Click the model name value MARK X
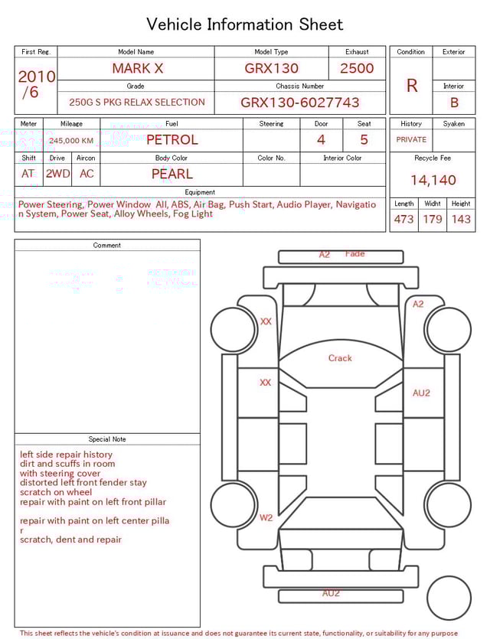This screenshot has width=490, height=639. (137, 68)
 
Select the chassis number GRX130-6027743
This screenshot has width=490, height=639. (299, 103)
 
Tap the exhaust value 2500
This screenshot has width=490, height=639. (357, 68)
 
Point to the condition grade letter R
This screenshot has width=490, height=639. (411, 85)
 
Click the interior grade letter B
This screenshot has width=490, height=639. (454, 103)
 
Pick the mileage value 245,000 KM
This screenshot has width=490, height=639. (71, 141)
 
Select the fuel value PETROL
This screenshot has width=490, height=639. (171, 140)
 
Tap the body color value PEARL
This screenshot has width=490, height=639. (171, 174)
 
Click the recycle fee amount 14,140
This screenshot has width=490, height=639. (433, 180)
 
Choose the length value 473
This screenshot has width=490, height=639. (403, 219)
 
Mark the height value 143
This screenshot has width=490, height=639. (461, 219)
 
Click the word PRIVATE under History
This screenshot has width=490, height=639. (411, 140)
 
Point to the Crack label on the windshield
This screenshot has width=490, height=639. (340, 358)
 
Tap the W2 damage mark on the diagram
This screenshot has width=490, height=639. (266, 518)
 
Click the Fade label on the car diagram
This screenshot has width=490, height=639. (355, 253)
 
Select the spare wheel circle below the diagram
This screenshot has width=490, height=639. (449, 598)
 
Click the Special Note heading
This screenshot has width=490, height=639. (107, 439)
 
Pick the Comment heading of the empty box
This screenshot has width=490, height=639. (107, 246)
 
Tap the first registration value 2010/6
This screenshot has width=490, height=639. (35, 84)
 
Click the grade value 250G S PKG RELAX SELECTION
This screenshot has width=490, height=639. (137, 103)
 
